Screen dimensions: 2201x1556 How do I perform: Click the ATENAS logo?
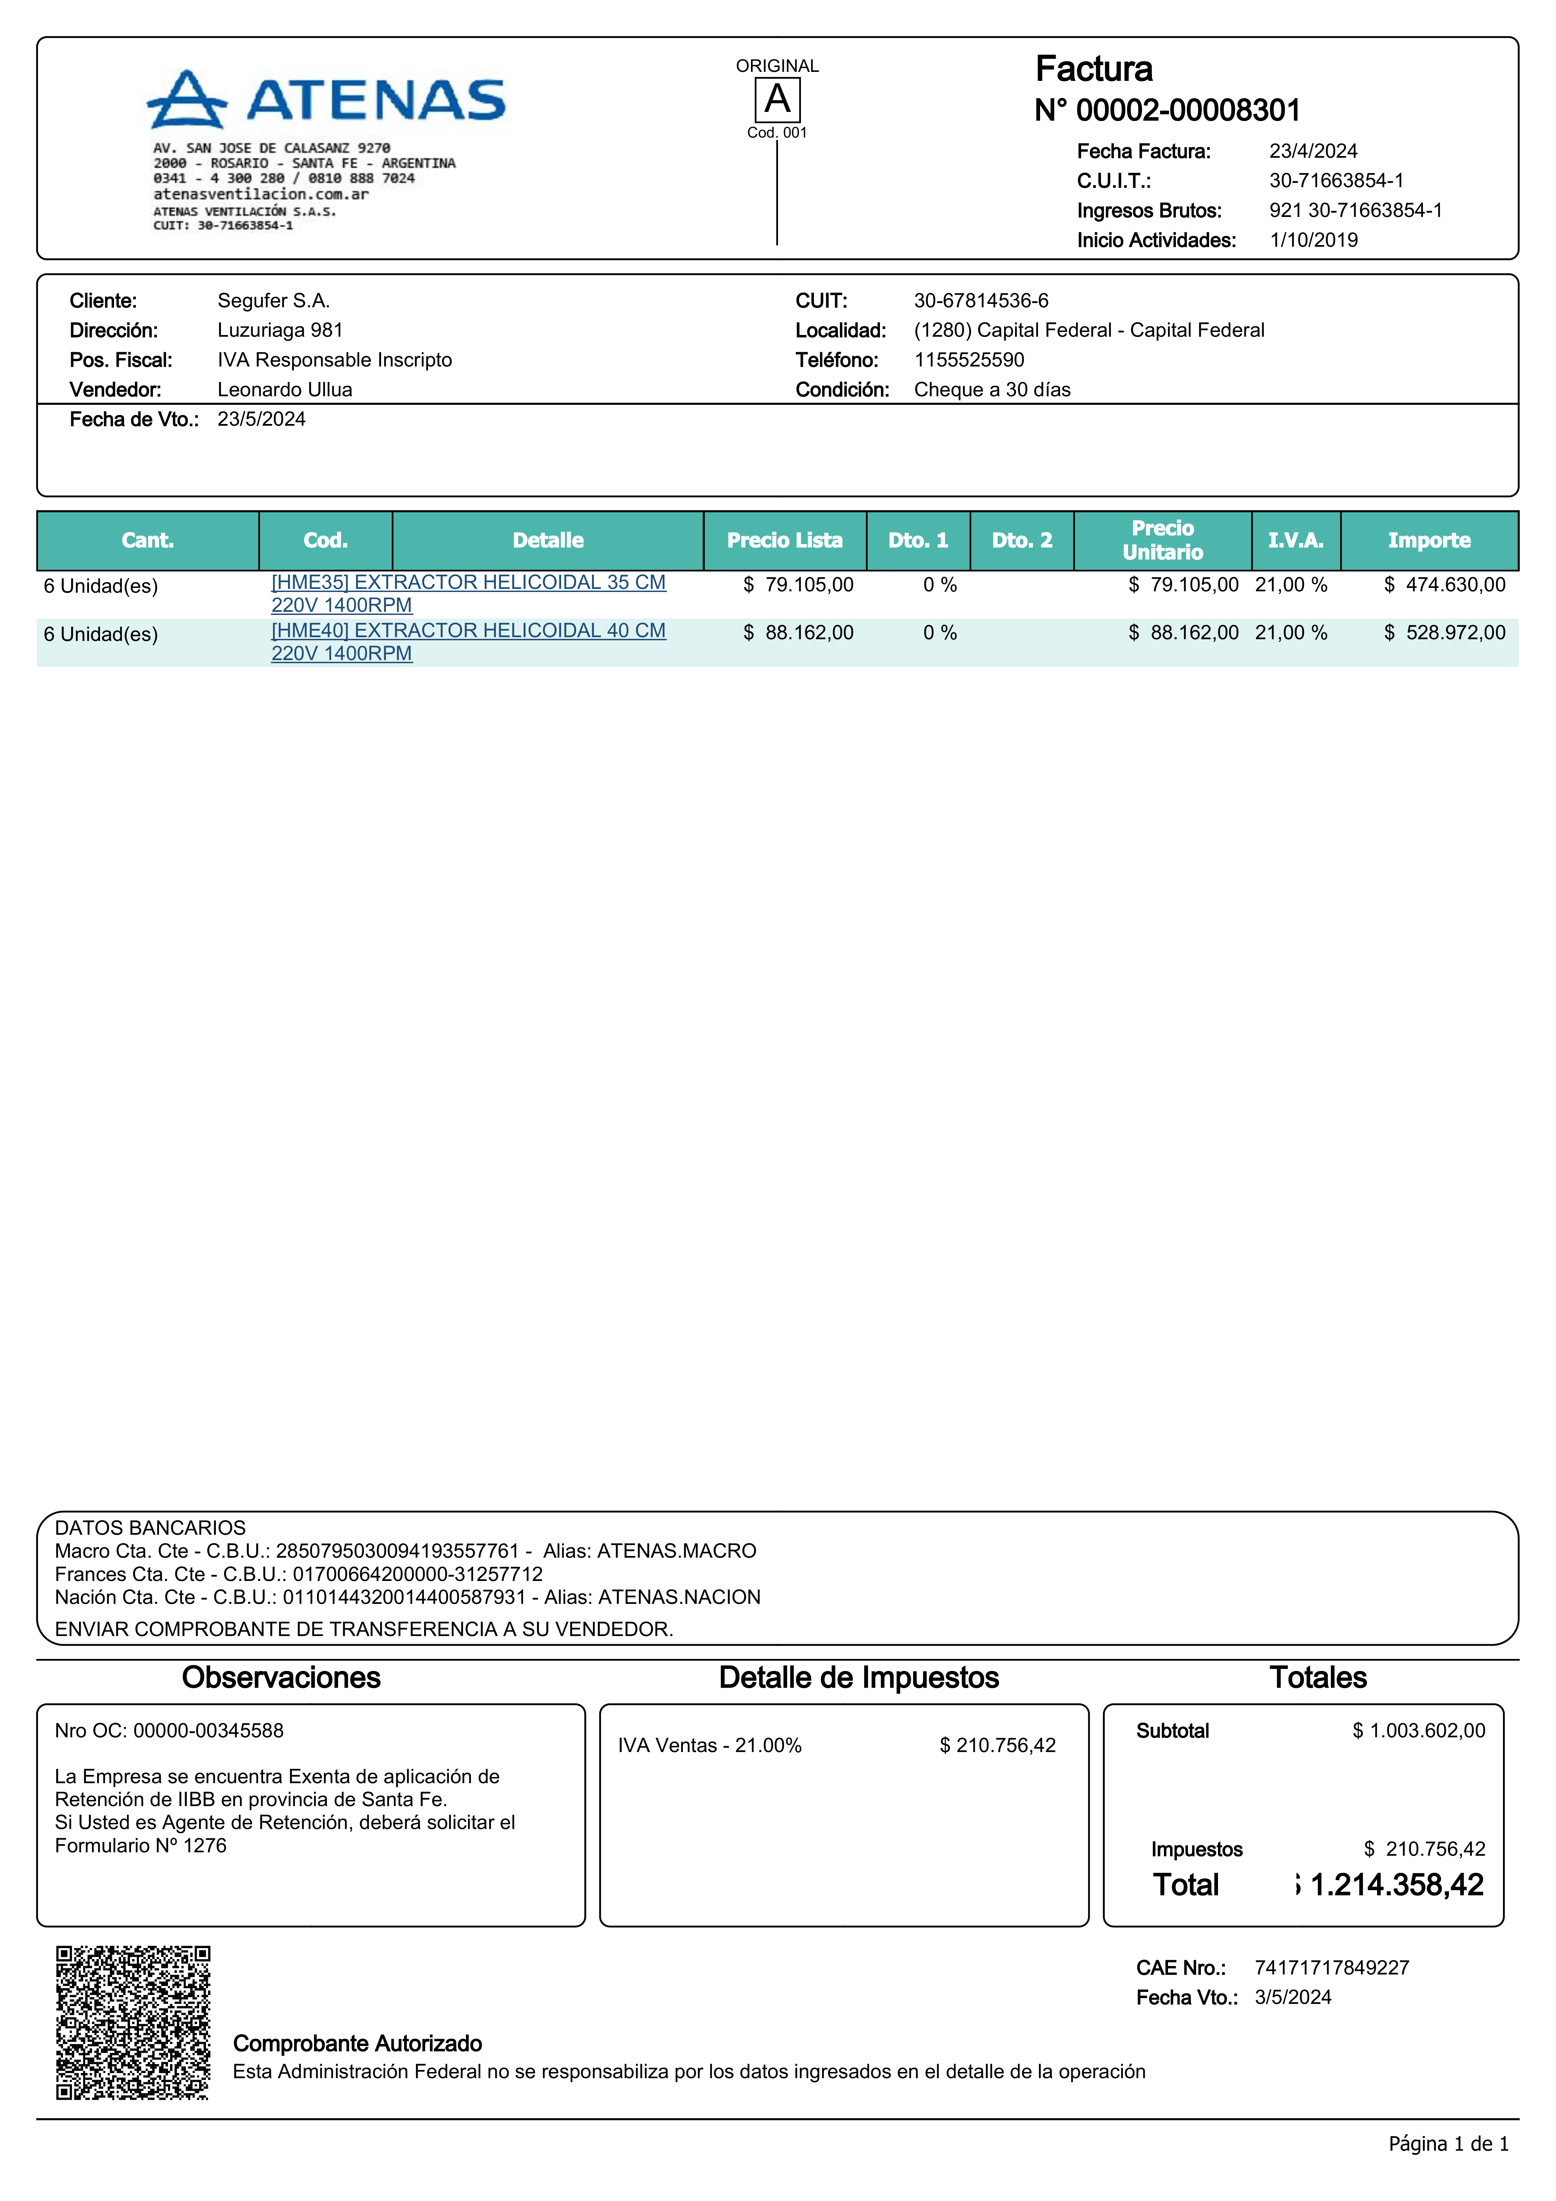click(326, 100)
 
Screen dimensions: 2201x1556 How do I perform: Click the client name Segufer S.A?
click(273, 301)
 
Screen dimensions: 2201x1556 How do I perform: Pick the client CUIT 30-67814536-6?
click(981, 301)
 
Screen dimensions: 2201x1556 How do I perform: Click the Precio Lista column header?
click(784, 541)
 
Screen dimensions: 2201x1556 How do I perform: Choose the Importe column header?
click(1428, 541)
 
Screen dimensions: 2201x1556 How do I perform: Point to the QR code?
click(133, 2023)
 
